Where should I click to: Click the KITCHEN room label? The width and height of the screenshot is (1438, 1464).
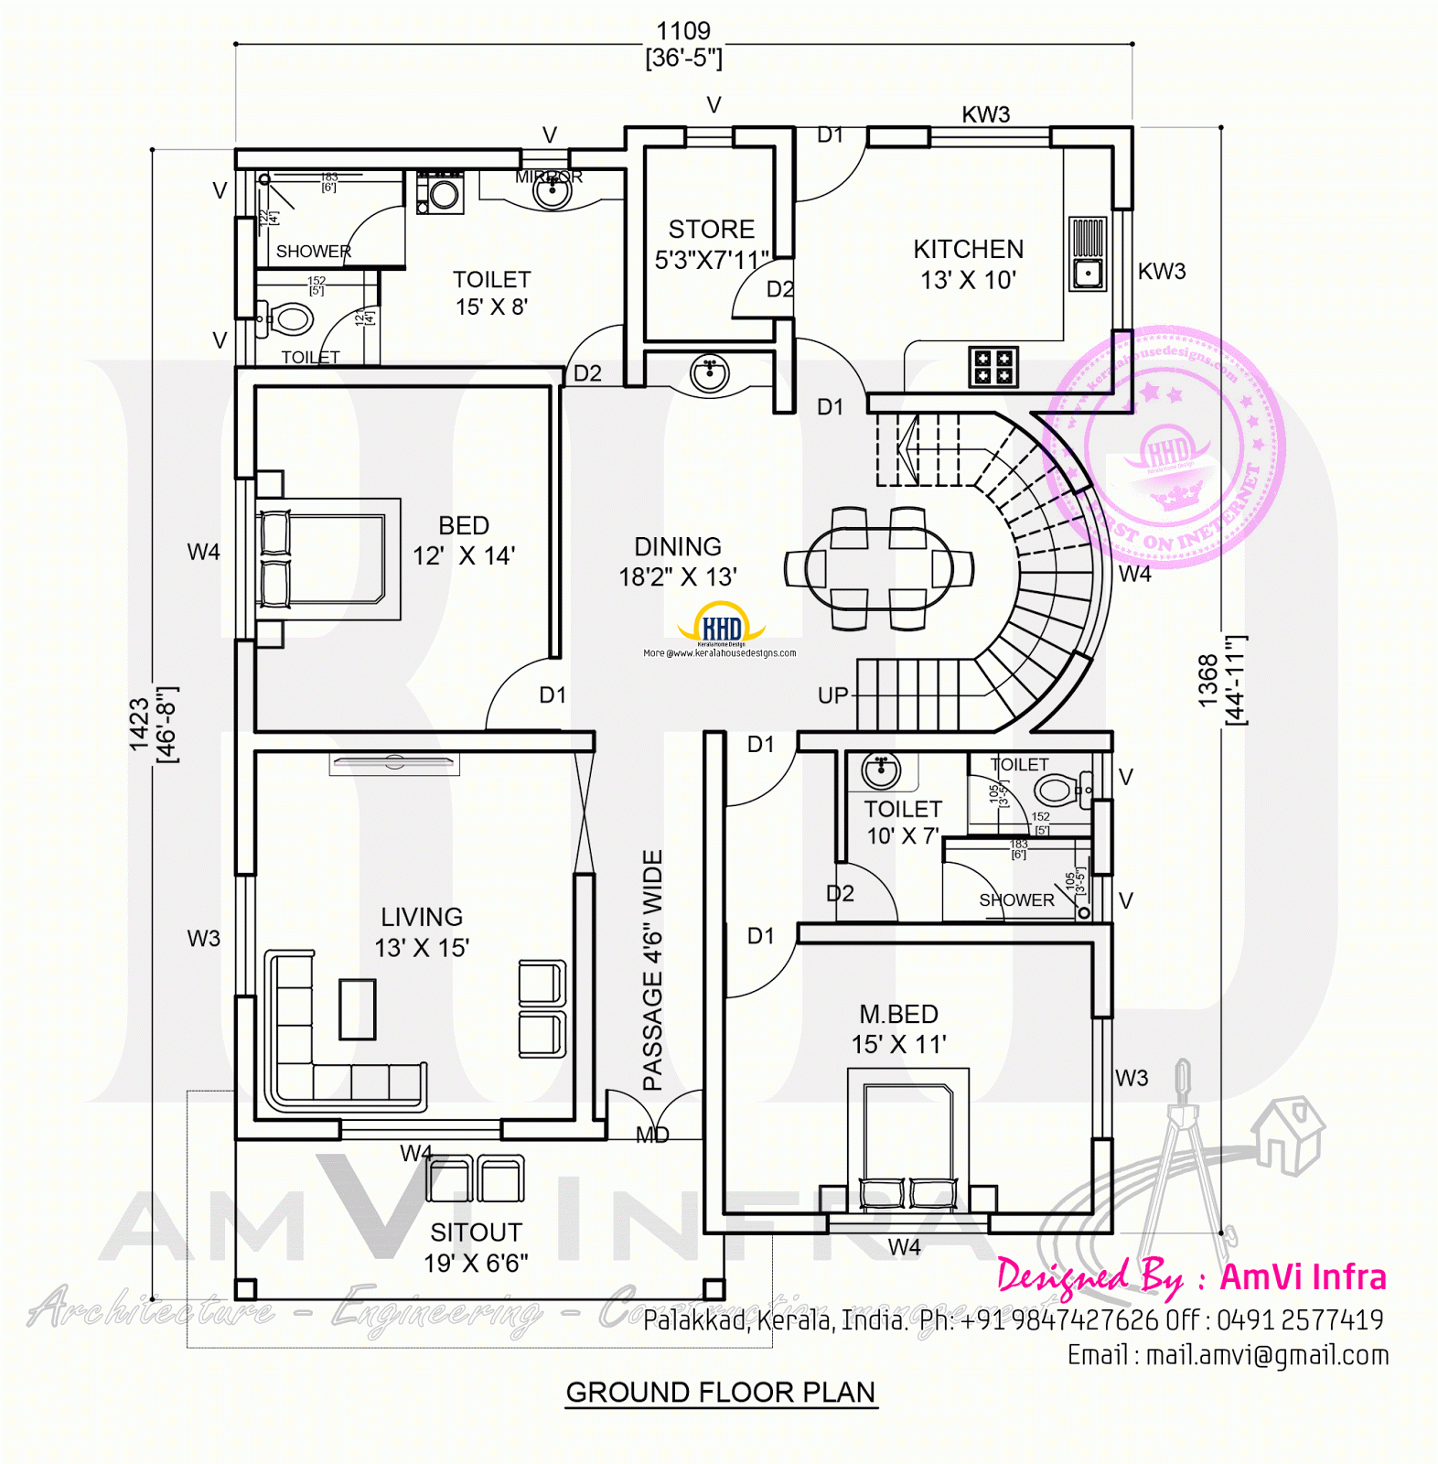[968, 264]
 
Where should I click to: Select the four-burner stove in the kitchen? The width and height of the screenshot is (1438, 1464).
[993, 367]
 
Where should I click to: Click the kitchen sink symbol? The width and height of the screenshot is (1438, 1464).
[1088, 253]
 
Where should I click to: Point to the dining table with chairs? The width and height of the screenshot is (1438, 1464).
[878, 568]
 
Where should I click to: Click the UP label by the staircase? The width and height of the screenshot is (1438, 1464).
[832, 695]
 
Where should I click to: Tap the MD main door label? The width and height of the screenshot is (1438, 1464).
[652, 1136]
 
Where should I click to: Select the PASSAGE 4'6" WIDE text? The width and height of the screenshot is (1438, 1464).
[652, 970]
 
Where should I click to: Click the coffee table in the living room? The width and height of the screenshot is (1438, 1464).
[357, 1008]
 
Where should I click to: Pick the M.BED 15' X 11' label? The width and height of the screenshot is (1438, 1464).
[898, 1028]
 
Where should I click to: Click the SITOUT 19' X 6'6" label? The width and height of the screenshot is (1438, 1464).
[476, 1247]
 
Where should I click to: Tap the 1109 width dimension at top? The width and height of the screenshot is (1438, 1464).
[683, 32]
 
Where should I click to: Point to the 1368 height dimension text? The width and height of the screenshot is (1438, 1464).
[1208, 680]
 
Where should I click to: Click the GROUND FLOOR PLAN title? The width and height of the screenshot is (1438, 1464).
[721, 1393]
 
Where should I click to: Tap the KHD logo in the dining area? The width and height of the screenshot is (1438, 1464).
[721, 626]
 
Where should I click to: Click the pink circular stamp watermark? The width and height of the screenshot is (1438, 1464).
[1164, 448]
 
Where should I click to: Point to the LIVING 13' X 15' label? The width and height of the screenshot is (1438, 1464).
[422, 931]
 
